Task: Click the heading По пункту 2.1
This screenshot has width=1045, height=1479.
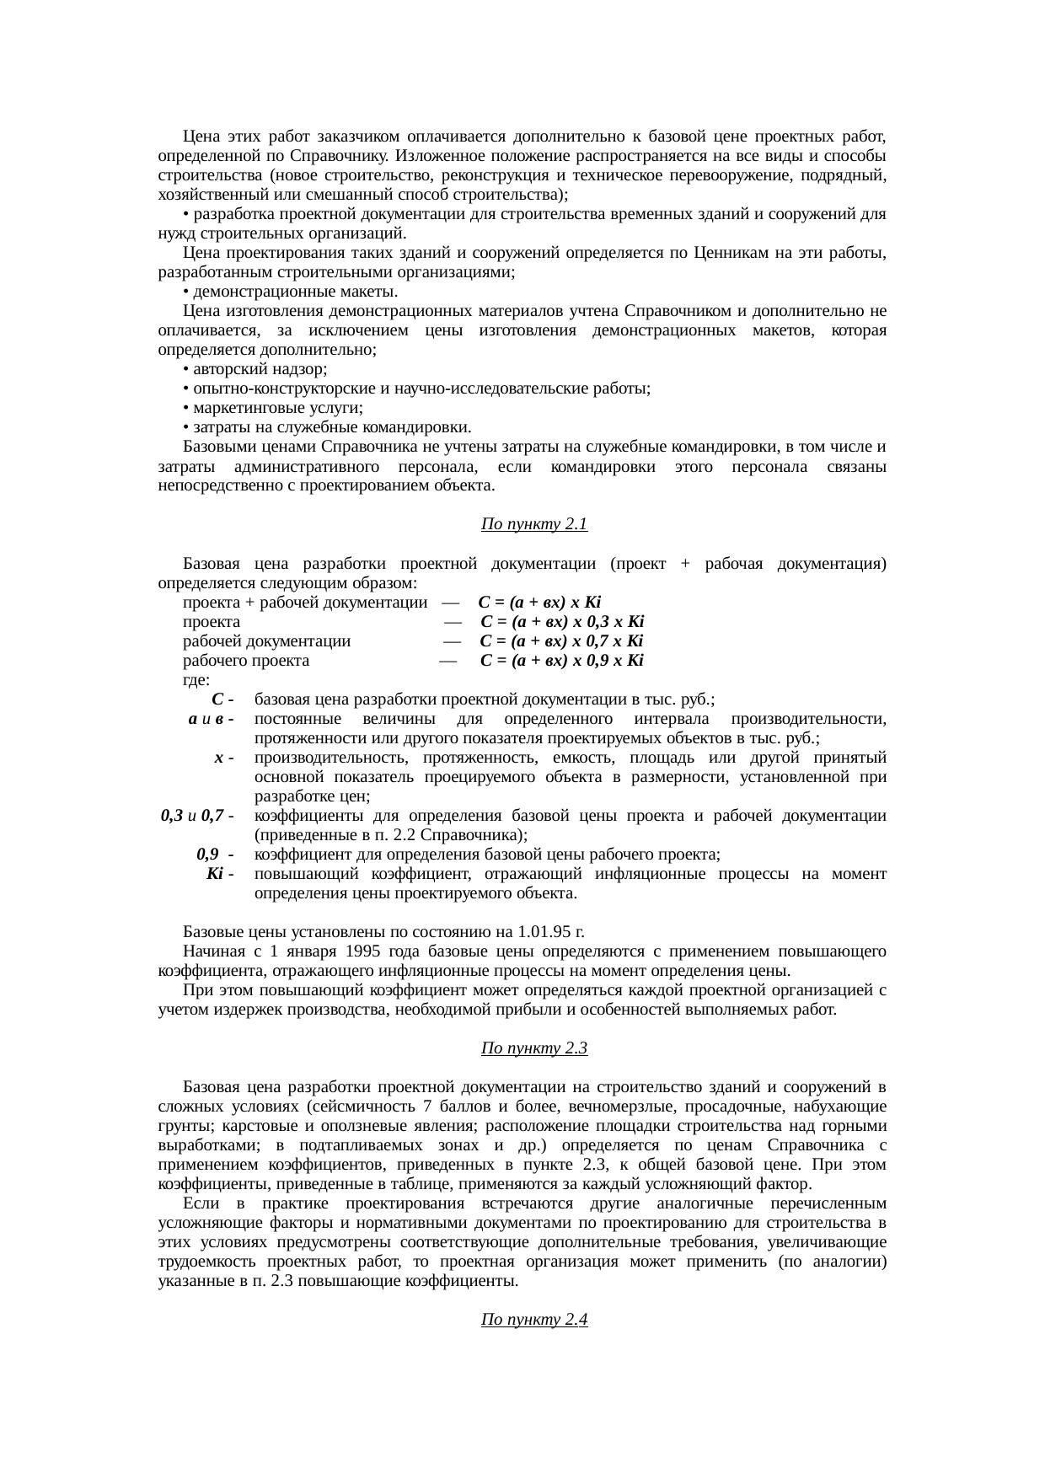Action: click(x=533, y=525)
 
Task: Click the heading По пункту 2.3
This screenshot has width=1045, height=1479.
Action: click(x=533, y=1048)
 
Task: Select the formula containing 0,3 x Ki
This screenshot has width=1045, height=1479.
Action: click(x=563, y=622)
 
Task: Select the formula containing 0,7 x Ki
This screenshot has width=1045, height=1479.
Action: click(x=562, y=641)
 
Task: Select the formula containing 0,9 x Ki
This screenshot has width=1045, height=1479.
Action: click(x=562, y=661)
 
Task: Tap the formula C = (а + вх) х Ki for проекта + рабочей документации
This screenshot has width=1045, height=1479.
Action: click(x=539, y=603)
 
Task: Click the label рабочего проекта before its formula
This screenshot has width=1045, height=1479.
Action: click(x=246, y=661)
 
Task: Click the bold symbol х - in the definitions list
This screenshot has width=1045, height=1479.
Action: click(x=220, y=758)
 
